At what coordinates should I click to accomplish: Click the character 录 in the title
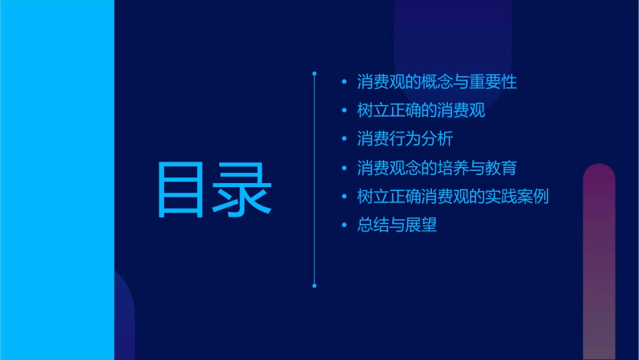coord(243,190)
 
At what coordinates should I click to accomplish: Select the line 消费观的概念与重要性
coord(437,83)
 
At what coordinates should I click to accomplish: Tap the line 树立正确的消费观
coord(421,111)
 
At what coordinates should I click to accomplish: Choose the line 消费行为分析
coord(405,139)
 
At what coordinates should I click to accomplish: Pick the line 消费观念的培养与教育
coord(437,168)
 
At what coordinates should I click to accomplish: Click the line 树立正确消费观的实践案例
coord(453,196)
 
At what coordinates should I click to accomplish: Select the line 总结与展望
coord(397,225)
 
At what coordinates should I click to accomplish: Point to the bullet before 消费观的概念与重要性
coord(344,83)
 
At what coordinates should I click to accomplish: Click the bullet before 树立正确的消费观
coord(344,111)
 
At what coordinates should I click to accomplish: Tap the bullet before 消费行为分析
coord(344,139)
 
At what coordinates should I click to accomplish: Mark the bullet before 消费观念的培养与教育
coord(344,168)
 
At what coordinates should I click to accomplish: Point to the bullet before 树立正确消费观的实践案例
coord(344,196)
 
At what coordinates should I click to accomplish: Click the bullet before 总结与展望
coord(344,225)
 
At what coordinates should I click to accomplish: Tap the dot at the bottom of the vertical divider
coord(314,286)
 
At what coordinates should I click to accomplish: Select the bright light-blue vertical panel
coord(57,180)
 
